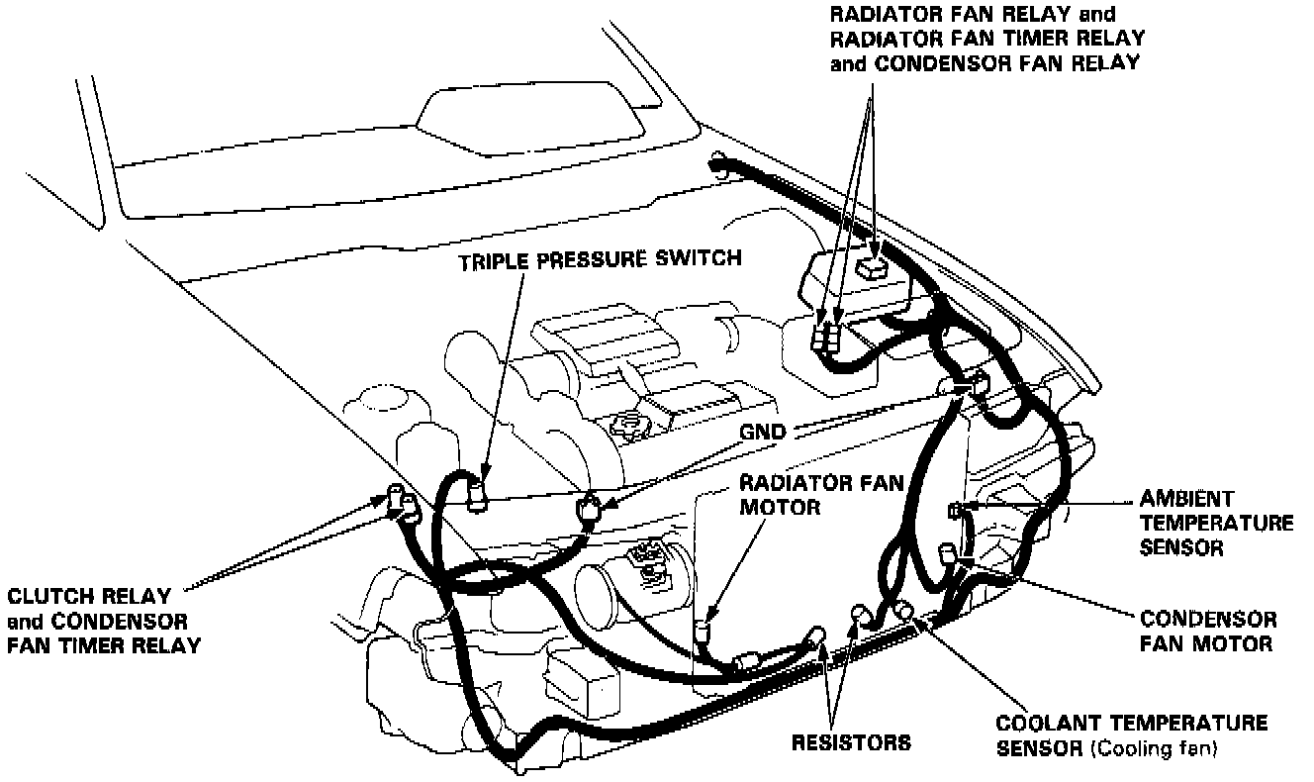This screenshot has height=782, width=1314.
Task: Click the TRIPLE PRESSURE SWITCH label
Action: [599, 260]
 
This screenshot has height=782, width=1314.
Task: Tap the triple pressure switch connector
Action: [477, 493]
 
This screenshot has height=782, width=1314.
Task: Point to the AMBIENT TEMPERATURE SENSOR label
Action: [1216, 523]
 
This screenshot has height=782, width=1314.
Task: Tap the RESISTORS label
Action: [851, 741]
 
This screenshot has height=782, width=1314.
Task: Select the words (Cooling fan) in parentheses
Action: [1154, 749]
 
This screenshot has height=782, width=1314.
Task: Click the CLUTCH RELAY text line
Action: [89, 597]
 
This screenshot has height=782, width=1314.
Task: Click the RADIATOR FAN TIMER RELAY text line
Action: [987, 39]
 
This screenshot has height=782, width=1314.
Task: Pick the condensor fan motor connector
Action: [948, 551]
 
